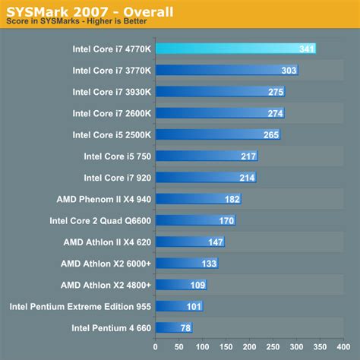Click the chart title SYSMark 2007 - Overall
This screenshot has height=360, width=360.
pyautogui.click(x=90, y=12)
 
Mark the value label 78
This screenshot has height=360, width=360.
pyautogui.click(x=185, y=328)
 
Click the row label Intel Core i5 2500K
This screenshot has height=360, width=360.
pyautogui.click(x=108, y=135)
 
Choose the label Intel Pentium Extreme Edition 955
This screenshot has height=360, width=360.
pyautogui.click(x=81, y=307)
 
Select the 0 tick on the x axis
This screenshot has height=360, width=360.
pyautogui.click(x=155, y=348)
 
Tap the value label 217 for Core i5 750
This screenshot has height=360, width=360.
pyautogui.click(x=248, y=156)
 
